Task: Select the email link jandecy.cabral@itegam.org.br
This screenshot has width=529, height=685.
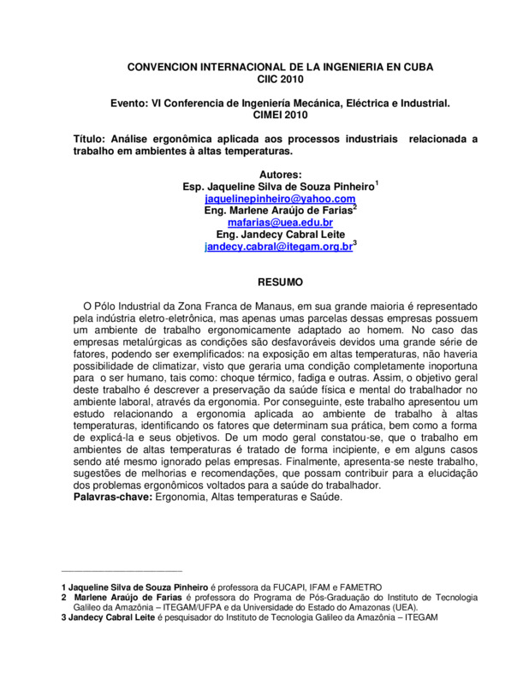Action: coord(278,246)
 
